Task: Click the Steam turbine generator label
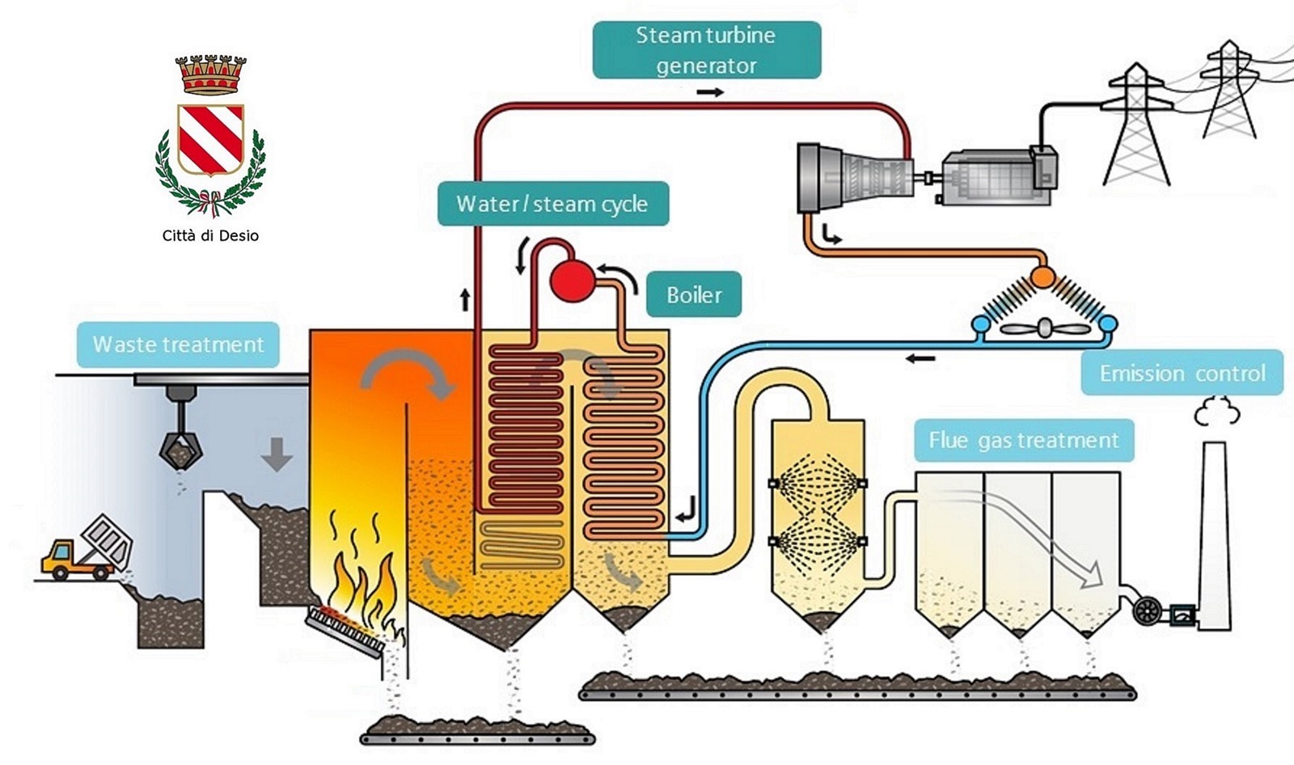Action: pos(706,50)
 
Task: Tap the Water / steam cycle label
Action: pos(552,203)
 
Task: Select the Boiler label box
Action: pos(694,294)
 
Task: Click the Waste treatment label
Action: pos(178,344)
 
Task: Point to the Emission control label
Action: pos(1182,373)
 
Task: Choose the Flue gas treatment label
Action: pos(1023,440)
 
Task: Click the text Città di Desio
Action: pos(210,235)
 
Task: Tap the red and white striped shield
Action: pos(210,138)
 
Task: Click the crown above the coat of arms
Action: pos(210,74)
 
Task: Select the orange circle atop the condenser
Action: pos(1042,277)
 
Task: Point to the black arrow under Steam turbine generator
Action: pos(710,92)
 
